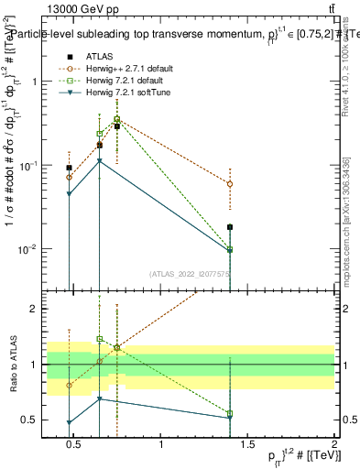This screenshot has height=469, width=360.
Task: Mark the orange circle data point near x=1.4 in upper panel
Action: [x=230, y=184]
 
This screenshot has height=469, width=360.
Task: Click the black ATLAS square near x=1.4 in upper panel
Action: [x=230, y=227]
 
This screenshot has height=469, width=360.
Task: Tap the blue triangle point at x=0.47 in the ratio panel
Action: [x=70, y=423]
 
